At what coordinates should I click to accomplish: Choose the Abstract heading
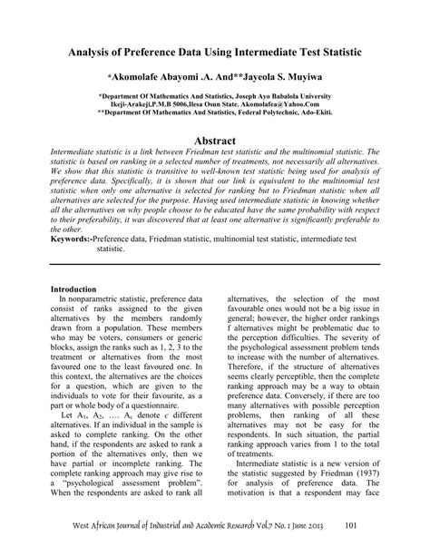pyautogui.click(x=214, y=141)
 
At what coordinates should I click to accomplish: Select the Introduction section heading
pyautogui.click(x=79, y=288)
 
